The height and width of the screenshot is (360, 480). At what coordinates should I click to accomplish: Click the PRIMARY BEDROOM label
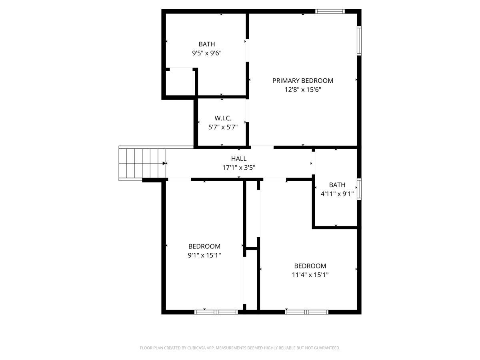[x=302, y=81]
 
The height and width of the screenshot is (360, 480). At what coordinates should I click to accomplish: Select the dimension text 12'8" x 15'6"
[x=302, y=90]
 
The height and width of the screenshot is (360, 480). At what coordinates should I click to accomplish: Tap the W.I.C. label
[x=223, y=118]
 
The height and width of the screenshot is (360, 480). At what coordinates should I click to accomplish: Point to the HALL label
[x=239, y=159]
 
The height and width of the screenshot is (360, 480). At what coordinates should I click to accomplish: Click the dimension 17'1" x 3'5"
[x=239, y=168]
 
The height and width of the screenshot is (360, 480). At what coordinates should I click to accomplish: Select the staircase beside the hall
[x=142, y=163]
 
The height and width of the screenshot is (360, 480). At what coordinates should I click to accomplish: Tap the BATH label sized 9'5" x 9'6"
[x=206, y=44]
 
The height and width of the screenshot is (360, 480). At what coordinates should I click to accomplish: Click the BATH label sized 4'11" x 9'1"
[x=337, y=185]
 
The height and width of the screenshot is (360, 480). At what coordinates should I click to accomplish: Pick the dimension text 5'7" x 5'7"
[x=223, y=127]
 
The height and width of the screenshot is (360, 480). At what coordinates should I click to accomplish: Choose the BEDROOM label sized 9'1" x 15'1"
[x=204, y=246]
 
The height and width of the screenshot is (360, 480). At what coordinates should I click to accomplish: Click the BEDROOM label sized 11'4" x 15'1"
[x=310, y=266]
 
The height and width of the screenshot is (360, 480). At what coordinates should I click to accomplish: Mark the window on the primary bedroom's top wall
[x=330, y=11]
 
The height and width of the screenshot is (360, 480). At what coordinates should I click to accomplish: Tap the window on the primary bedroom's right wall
[x=359, y=41]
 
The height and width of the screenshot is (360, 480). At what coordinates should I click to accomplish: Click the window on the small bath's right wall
[x=359, y=189]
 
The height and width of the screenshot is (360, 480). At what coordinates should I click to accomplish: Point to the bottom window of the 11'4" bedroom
[x=307, y=312]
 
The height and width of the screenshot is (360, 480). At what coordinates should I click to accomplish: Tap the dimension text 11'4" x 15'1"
[x=310, y=275]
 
